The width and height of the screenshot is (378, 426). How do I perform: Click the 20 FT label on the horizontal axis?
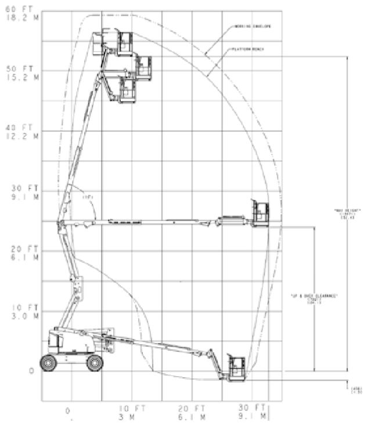191,409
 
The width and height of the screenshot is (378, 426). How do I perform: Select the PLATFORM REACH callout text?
249,49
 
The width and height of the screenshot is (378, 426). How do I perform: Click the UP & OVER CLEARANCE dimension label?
314,295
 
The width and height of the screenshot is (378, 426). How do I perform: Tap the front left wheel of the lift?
48,363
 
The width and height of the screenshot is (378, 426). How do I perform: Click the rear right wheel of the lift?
95,363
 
